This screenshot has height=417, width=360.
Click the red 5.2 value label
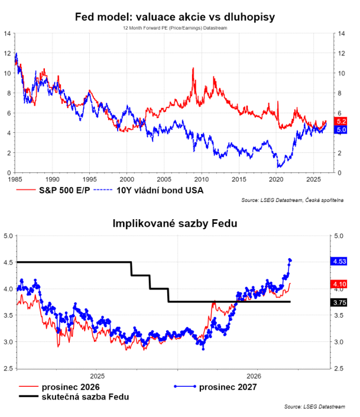coord(340,121)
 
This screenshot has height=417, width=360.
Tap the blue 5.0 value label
coord(340,130)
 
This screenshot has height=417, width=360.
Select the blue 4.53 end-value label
coord(339,261)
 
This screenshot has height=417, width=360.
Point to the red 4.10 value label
coord(339,284)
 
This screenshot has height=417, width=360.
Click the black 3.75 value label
coord(339,302)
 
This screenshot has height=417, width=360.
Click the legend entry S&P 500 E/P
coord(53,190)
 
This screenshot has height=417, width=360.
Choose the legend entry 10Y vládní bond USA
coord(149,190)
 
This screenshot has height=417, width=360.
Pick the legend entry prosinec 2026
coord(59,387)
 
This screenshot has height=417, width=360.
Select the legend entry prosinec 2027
coord(216,387)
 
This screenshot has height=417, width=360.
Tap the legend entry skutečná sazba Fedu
coord(74,397)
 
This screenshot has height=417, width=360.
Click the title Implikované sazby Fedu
coord(175,223)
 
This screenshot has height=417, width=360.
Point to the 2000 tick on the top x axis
coord(127,180)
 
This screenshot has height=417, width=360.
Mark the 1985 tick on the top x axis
coord(15,180)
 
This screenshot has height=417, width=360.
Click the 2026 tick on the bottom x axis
coord(254,376)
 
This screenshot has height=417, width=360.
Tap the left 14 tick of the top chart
coord(7,34)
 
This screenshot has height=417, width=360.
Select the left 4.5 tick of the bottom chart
coord(8,262)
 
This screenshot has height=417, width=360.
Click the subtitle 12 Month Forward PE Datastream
coord(175,28)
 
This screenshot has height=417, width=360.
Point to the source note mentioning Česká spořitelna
coord(292,200)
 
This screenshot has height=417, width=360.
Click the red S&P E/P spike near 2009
coord(193,69)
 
